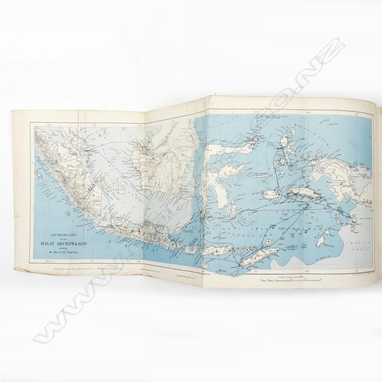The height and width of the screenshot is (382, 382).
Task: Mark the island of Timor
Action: pyautogui.click(x=258, y=258)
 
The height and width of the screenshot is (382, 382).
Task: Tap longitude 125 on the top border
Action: pyautogui.click(x=256, y=112)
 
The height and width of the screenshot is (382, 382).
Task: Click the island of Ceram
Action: pyautogui.click(x=305, y=193)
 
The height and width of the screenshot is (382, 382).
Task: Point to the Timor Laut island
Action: pyautogui.click(x=320, y=240)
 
